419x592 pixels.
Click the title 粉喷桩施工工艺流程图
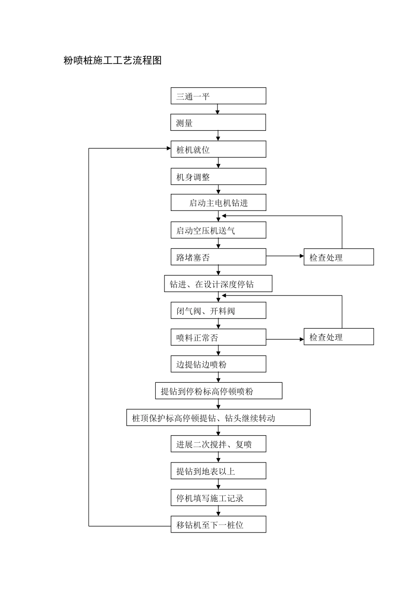click(112, 61)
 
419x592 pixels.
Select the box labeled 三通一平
click(218, 96)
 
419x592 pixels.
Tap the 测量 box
click(218, 123)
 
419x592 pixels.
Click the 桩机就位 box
click(218, 149)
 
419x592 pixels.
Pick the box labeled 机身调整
click(218, 177)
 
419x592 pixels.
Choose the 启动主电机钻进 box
click(218, 203)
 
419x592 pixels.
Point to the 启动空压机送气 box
click(218, 230)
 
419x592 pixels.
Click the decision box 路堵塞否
click(218, 257)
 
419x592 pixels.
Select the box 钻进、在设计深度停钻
click(218, 284)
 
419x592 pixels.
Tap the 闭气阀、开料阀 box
click(218, 311)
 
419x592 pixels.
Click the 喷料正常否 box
click(218, 337)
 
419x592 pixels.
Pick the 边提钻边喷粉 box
click(218, 364)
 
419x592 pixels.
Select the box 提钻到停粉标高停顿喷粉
click(218, 391)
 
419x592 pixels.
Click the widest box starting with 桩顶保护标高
click(218, 418)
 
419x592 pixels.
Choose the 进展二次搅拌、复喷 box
click(218, 444)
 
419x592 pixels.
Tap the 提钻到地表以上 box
click(218, 471)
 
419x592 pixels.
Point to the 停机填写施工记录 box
click(218, 498)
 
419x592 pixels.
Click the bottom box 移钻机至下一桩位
click(218, 525)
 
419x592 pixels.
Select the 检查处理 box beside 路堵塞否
click(338, 257)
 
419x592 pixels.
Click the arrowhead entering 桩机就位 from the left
click(168, 148)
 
